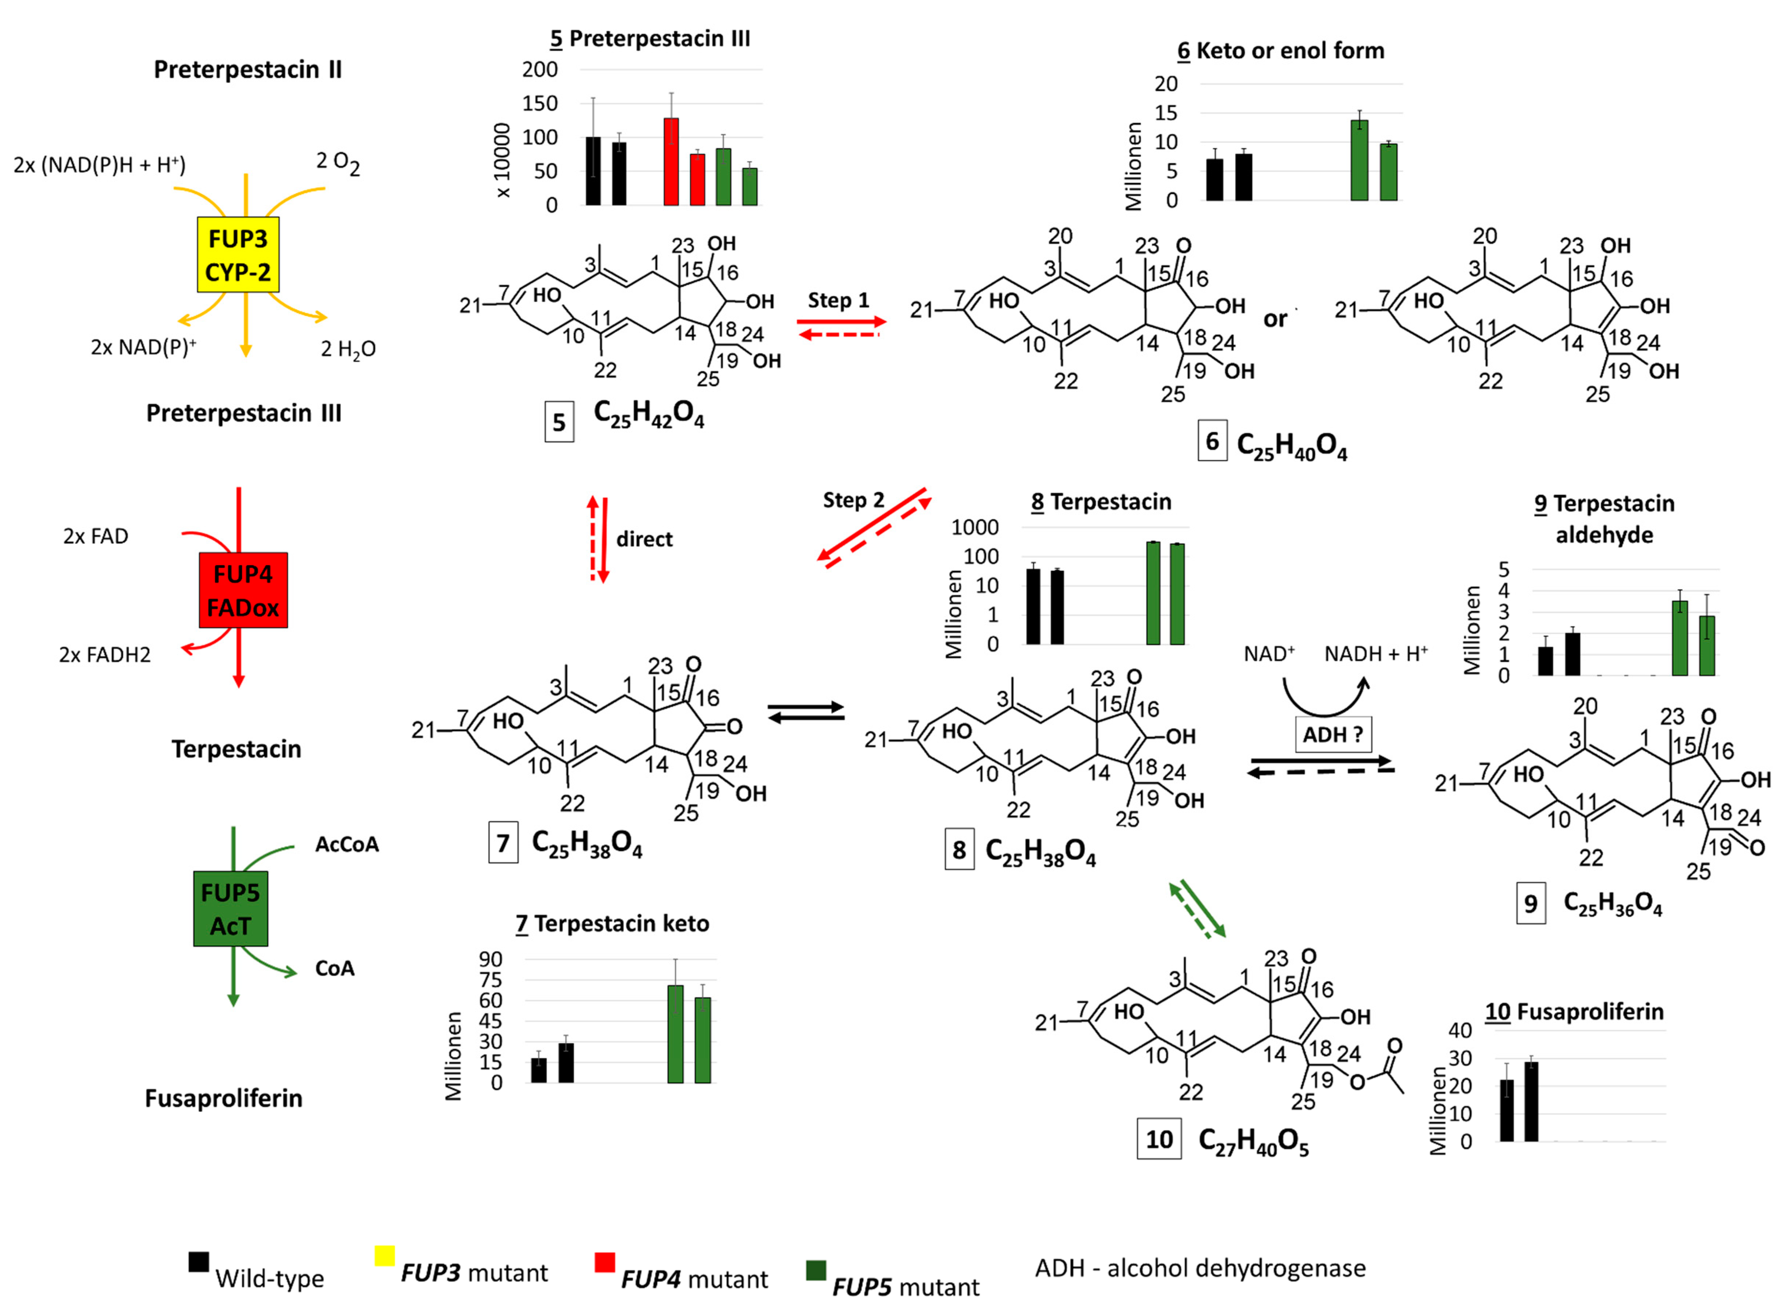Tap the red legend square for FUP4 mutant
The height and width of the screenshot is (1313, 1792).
pyautogui.click(x=604, y=1262)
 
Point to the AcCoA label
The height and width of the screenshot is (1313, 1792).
pyautogui.click(x=347, y=844)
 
